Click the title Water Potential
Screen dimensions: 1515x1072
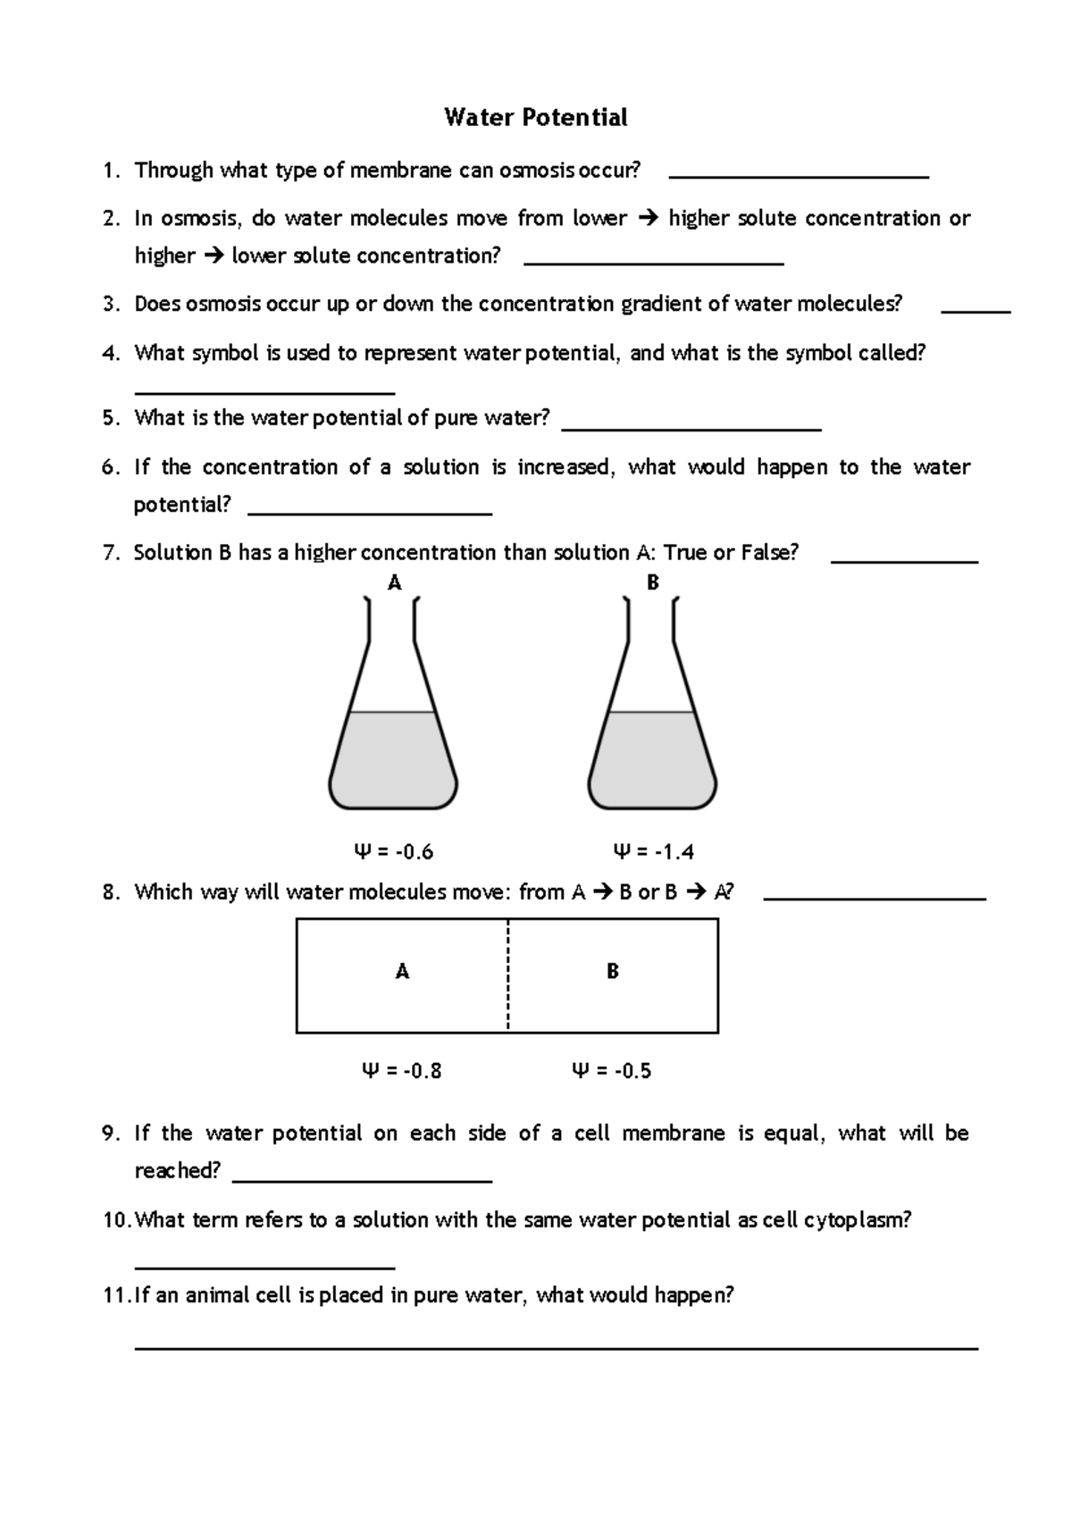(x=536, y=117)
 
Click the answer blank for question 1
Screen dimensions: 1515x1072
(x=799, y=177)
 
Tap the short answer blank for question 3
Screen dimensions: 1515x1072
(x=976, y=311)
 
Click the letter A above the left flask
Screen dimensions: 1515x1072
(x=394, y=583)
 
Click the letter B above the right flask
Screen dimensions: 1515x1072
(x=653, y=583)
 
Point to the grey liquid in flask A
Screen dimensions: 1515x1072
(x=393, y=759)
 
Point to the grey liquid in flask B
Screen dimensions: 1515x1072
(x=652, y=759)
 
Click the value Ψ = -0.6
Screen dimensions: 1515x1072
(x=394, y=852)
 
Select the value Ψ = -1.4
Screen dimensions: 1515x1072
(x=653, y=852)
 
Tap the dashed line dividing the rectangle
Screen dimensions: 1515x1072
(x=507, y=975)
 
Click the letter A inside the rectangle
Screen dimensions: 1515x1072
(x=402, y=972)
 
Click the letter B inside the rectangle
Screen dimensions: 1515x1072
(x=613, y=972)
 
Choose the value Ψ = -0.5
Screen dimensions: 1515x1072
(x=612, y=1071)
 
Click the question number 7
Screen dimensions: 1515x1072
(x=110, y=553)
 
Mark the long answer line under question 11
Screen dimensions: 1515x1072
(x=556, y=1348)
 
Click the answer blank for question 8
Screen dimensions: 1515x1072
(x=875, y=898)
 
